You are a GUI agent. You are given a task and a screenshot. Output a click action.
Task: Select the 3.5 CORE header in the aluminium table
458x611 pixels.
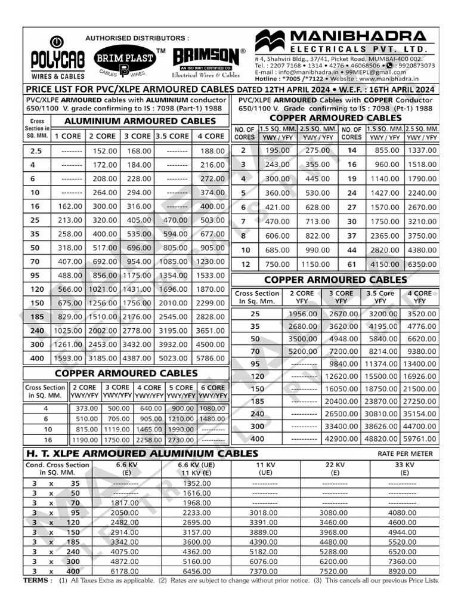173,136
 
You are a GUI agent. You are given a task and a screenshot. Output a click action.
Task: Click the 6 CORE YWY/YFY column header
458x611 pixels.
213,391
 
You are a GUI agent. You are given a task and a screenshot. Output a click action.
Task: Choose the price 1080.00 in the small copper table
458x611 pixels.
213,408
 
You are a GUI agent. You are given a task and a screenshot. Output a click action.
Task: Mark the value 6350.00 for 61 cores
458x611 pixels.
421,264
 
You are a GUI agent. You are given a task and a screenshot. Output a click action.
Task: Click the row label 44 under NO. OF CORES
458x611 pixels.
352,249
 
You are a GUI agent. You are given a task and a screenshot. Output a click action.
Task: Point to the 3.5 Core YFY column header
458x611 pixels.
380,297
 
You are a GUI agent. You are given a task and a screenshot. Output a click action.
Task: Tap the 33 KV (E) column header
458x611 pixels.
405,468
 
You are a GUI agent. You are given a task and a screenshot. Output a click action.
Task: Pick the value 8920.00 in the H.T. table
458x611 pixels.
405,571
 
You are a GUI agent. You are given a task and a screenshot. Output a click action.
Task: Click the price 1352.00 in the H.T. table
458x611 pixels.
188,483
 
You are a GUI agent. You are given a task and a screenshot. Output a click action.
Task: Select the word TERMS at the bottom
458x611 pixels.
37,580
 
